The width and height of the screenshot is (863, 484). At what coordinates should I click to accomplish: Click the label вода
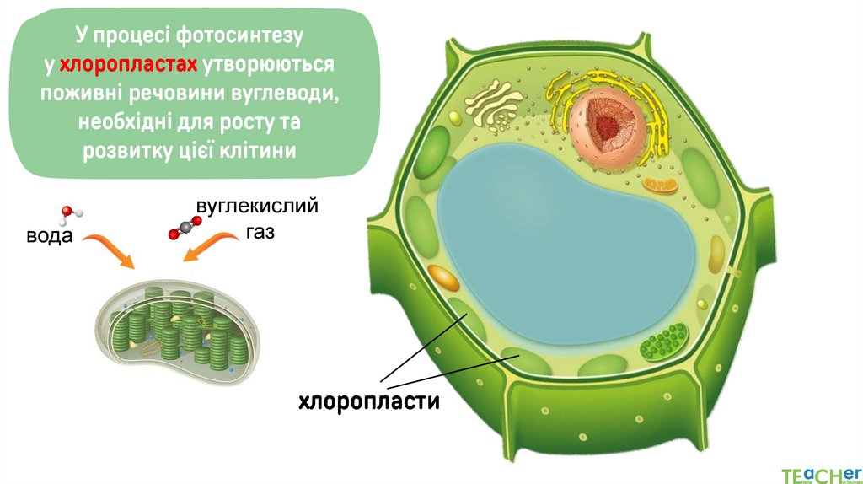(49, 236)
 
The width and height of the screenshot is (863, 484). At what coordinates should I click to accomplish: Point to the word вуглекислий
(257, 206)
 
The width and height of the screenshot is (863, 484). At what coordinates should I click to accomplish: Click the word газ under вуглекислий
(261, 232)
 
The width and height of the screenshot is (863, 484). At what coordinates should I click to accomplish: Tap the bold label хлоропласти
(369, 401)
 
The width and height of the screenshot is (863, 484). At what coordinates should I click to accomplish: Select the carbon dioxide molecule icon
(180, 229)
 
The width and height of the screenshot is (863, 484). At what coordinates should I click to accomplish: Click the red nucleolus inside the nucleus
(608, 126)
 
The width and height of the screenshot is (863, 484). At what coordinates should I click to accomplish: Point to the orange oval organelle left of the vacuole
(443, 277)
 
